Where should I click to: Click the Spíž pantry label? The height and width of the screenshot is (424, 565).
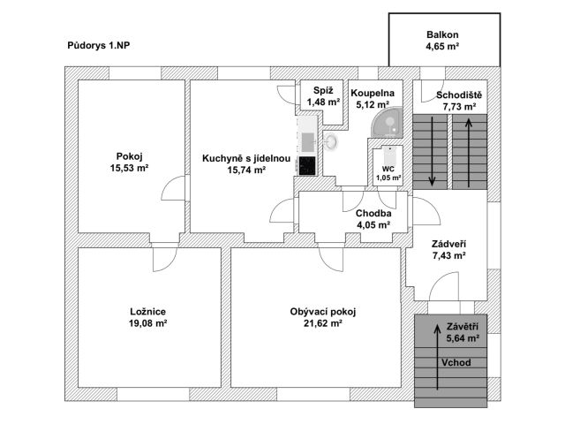point(323,92)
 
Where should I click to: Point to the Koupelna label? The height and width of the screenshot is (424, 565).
point(372,92)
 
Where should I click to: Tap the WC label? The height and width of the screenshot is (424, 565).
point(388,168)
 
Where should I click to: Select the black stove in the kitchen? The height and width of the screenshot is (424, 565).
point(306,164)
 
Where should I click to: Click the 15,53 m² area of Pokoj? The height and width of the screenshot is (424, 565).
point(129,167)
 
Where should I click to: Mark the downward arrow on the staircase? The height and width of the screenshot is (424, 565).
point(433,150)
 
